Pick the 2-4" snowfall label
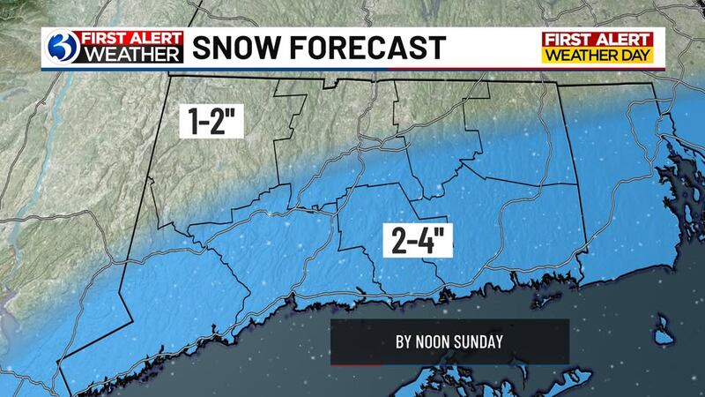pyautogui.click(x=418, y=240)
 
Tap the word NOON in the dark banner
pyautogui.click(x=438, y=341)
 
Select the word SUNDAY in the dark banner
pyautogui.click(x=481, y=341)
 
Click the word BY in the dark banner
pyautogui.click(x=406, y=341)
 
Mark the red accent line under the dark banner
pyautogui.click(x=356, y=363)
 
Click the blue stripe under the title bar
pyautogui.click(x=352, y=68)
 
